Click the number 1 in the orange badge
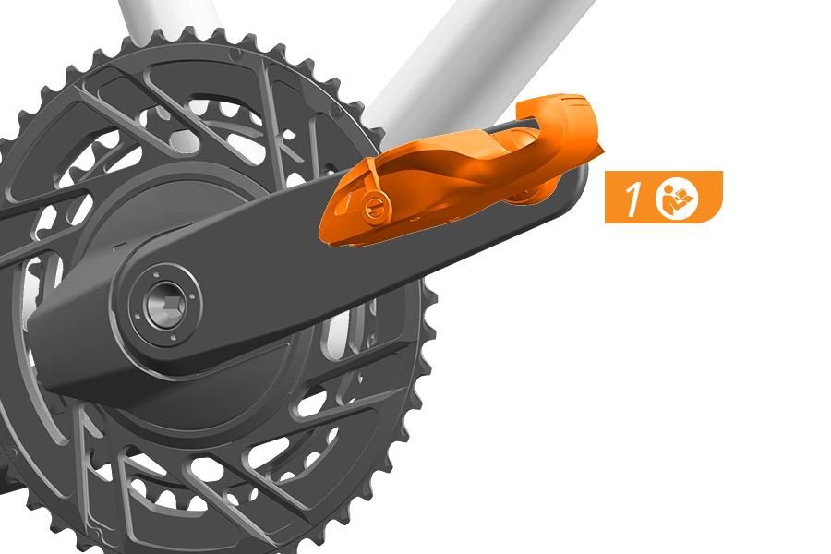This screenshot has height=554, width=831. click(632, 199)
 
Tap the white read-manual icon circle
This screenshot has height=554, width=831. click(677, 199)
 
